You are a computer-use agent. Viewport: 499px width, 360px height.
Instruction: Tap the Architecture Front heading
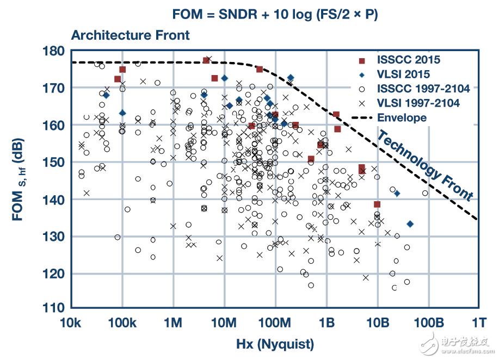click(131, 35)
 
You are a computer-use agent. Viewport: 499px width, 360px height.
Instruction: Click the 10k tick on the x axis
click(71, 322)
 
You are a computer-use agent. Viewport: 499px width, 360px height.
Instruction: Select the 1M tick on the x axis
click(173, 322)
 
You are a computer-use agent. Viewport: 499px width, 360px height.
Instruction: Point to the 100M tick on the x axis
click(275, 322)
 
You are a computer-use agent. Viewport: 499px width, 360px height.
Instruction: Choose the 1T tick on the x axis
click(479, 322)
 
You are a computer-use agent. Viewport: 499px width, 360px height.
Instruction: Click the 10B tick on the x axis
click(377, 322)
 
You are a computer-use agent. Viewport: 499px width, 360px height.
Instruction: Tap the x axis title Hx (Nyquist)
click(275, 344)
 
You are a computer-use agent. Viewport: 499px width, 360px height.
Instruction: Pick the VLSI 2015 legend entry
click(403, 75)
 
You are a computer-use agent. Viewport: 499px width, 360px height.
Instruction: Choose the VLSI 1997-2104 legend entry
click(418, 103)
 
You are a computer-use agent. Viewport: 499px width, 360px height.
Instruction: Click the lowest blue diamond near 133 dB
click(410, 224)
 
